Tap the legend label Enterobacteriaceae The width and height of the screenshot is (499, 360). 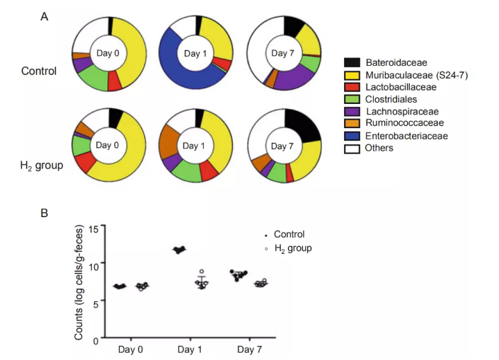[x=403, y=135]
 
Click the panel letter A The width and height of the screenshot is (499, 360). [x=45, y=16]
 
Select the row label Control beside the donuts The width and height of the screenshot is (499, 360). [x=39, y=70]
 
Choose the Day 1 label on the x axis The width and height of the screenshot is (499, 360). [x=188, y=349]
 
